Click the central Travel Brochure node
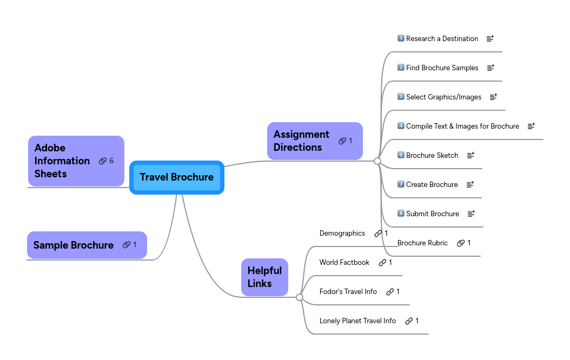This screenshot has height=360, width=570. [x=177, y=177]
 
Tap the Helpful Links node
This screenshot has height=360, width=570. [x=264, y=277]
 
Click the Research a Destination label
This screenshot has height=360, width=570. [x=442, y=39]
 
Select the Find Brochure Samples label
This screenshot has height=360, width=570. [x=442, y=68]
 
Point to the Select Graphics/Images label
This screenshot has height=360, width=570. [x=443, y=97]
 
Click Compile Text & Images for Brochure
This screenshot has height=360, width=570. [x=462, y=126]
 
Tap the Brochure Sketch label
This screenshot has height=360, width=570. [x=432, y=156]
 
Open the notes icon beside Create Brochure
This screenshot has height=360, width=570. [x=470, y=184]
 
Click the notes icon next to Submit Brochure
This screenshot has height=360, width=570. [x=471, y=214]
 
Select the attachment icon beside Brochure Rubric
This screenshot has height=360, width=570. [x=461, y=243]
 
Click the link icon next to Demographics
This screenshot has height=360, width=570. [x=378, y=234]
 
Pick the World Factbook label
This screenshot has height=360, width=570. [x=344, y=263]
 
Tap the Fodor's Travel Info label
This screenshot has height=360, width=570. [x=348, y=292]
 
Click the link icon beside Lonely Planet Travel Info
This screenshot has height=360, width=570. [x=409, y=321]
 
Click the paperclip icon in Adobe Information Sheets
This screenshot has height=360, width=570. [x=103, y=161]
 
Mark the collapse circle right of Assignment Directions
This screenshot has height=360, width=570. [x=377, y=161]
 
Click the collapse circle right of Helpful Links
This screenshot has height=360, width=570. [x=300, y=297]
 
